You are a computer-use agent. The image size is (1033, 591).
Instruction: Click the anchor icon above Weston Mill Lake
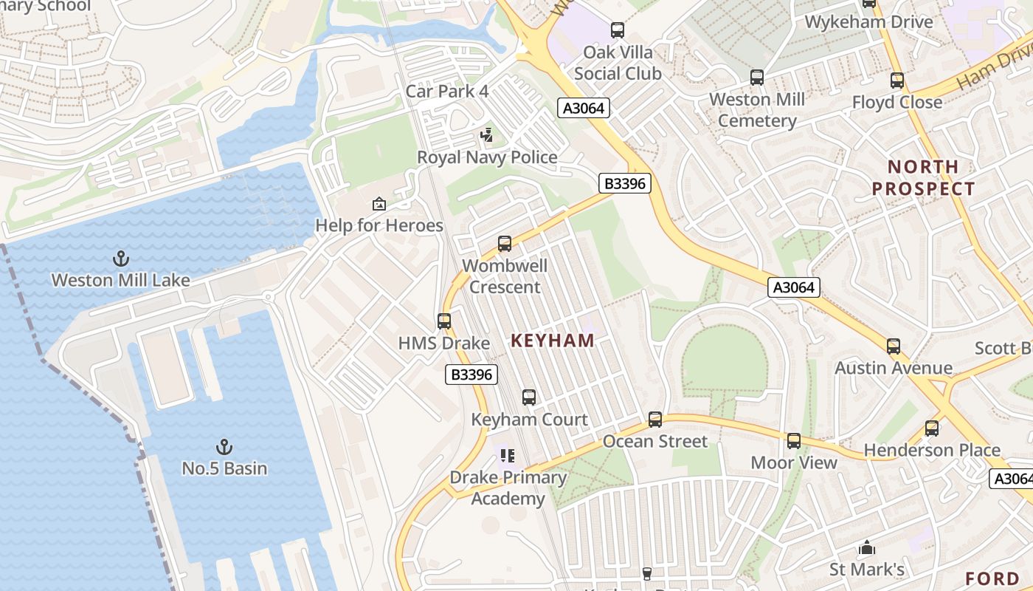pyautogui.click(x=120, y=259)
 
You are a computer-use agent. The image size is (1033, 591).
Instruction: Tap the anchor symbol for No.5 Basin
pyautogui.click(x=224, y=447)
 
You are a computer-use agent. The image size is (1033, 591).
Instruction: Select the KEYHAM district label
pyautogui.click(x=553, y=341)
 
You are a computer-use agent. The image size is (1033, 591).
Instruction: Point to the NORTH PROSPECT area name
pyautogui.click(x=923, y=177)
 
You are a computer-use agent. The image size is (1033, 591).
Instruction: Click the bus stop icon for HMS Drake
pyautogui.click(x=444, y=321)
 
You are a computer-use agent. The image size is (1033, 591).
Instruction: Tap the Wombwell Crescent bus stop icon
pyautogui.click(x=505, y=244)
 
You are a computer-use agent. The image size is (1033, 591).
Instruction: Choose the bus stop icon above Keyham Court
pyautogui.click(x=529, y=397)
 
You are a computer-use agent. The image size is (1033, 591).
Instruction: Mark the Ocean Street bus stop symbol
pyautogui.click(x=655, y=420)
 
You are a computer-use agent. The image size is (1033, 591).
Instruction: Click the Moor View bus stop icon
pyautogui.click(x=794, y=441)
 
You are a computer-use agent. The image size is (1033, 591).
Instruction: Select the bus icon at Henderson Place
pyautogui.click(x=932, y=428)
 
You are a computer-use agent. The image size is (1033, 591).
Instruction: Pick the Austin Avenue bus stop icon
pyautogui.click(x=894, y=346)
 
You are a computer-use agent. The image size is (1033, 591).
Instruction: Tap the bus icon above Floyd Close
pyautogui.click(x=897, y=81)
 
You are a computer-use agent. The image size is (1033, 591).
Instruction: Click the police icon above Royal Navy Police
pyautogui.click(x=486, y=135)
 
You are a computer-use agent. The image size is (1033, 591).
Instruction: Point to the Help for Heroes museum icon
pyautogui.click(x=379, y=204)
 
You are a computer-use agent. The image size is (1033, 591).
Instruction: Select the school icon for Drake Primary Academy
pyautogui.click(x=508, y=456)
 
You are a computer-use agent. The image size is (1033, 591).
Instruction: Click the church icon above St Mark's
pyautogui.click(x=867, y=548)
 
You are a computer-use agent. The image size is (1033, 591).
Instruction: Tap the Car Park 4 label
pyautogui.click(x=447, y=92)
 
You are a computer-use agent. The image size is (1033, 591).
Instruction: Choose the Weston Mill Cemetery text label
pyautogui.click(x=757, y=110)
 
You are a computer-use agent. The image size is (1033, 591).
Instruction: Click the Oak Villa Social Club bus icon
pyautogui.click(x=618, y=30)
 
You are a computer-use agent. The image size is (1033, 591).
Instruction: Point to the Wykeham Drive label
pyautogui.click(x=868, y=21)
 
